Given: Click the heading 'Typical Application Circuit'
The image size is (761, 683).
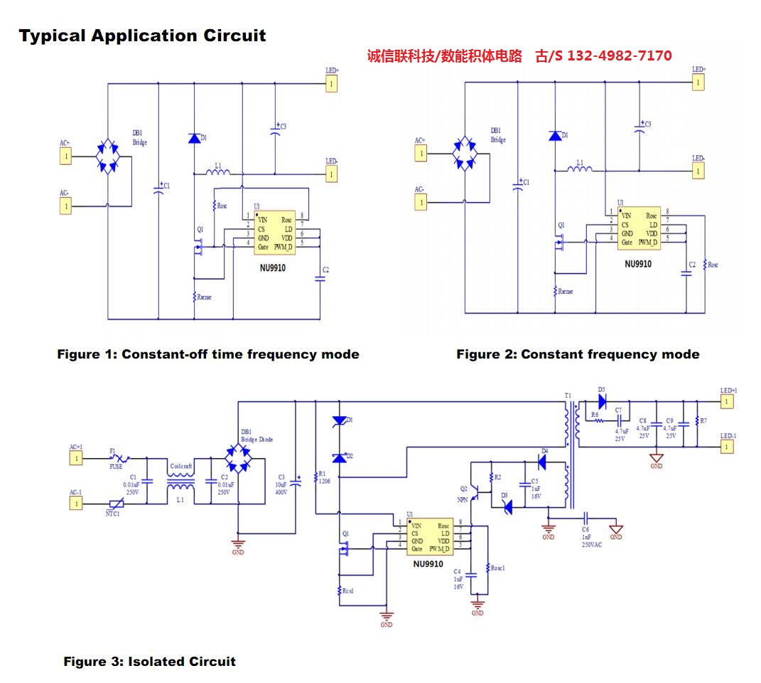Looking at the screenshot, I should click(x=142, y=36).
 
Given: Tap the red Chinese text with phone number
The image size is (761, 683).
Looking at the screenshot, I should click(x=519, y=55).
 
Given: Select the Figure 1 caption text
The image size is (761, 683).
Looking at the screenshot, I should click(x=208, y=354).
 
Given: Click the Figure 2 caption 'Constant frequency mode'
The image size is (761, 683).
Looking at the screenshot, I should click(x=578, y=354).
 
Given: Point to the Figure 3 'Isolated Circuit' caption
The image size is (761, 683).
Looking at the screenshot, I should click(x=149, y=662).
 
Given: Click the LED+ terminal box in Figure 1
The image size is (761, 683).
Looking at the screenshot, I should click(x=330, y=85).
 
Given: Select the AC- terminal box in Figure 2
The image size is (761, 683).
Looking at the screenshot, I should click(x=421, y=203).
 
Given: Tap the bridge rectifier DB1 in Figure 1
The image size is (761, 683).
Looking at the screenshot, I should click(x=108, y=156).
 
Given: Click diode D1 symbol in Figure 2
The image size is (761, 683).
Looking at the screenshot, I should click(x=554, y=136).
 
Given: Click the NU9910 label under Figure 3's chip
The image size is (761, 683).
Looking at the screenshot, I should click(x=428, y=564).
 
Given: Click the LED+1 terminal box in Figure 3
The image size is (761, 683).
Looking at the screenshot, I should click(x=726, y=403).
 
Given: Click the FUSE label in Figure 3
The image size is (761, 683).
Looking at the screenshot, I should click(x=116, y=467).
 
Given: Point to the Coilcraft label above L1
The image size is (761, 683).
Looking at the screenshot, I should click(x=180, y=466).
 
